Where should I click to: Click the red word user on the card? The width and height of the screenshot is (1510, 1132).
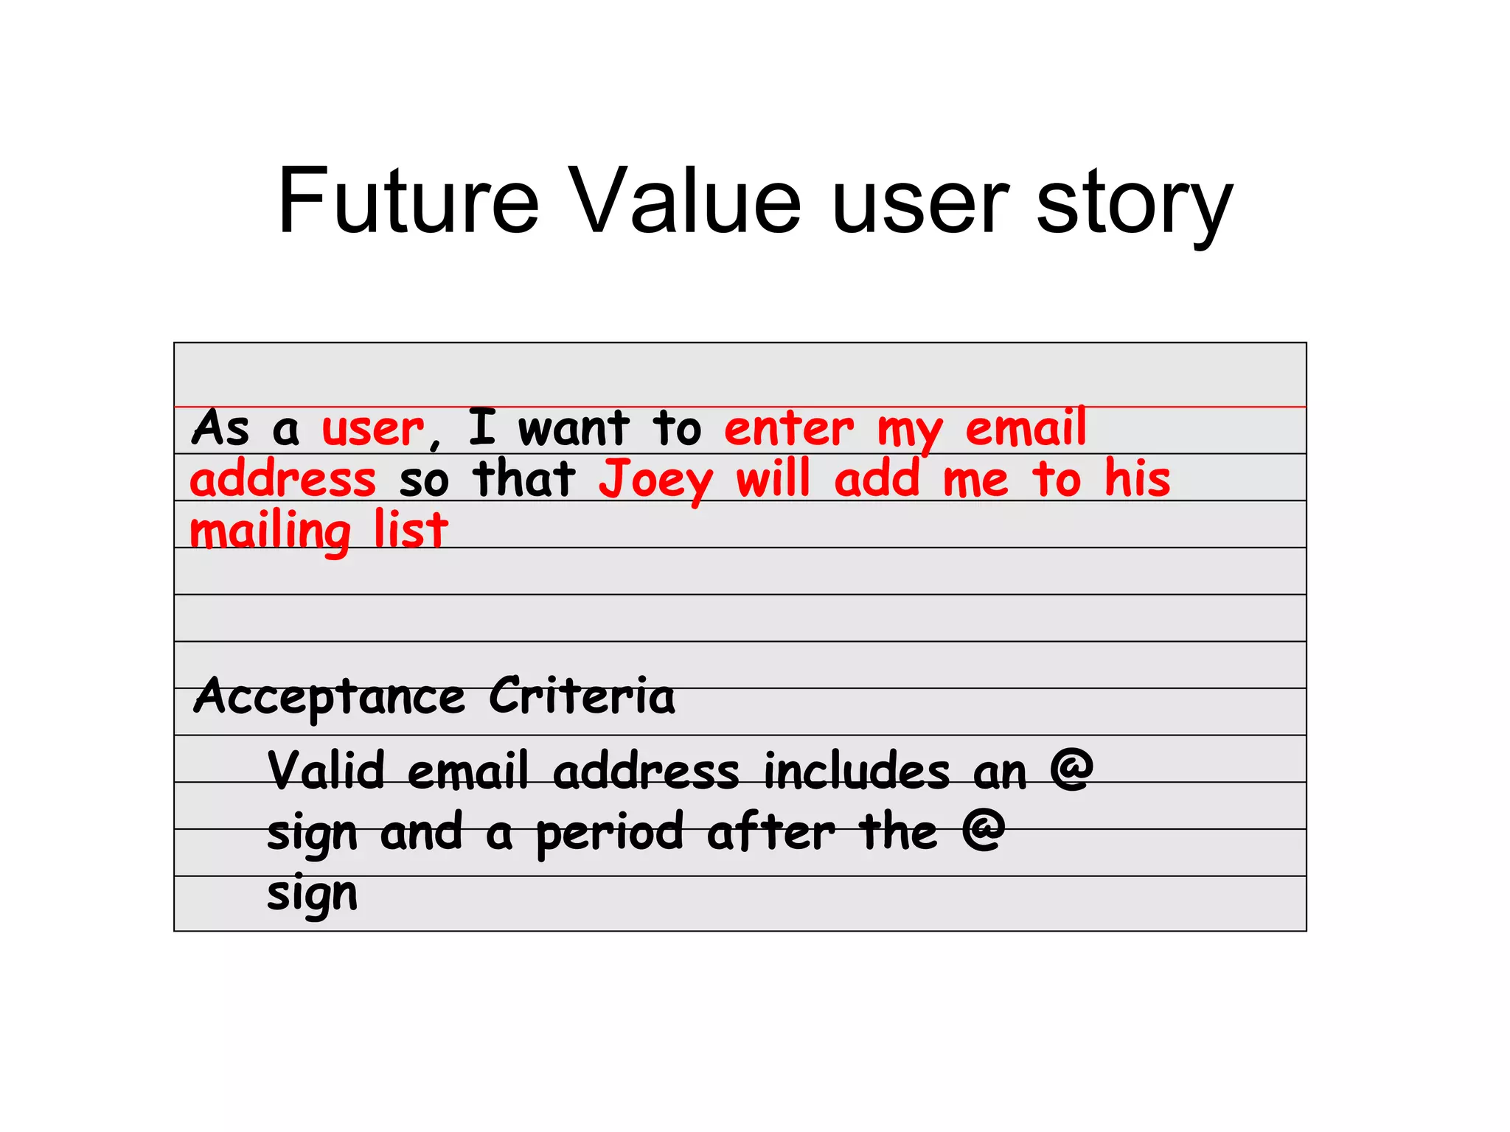pos(373,429)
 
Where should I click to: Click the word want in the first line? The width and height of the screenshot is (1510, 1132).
pos(574,429)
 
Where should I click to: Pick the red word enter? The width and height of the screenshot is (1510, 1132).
pos(788,429)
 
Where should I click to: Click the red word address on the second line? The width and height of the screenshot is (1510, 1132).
pos(283,479)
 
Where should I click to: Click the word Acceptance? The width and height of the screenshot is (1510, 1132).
pos(330,697)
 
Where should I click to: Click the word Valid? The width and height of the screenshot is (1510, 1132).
pos(326,771)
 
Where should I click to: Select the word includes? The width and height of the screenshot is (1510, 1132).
pos(857,772)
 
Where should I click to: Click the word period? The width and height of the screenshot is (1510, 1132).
pos(610,834)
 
